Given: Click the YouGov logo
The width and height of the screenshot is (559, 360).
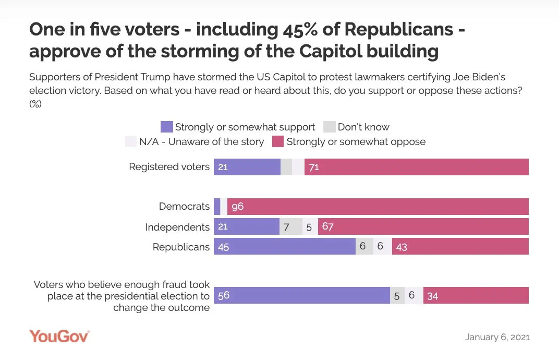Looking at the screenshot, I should pyautogui.click(x=59, y=336).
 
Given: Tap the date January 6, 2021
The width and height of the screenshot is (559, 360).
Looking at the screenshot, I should pyautogui.click(x=497, y=337).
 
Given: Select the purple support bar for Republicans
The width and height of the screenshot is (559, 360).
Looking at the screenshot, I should pyautogui.click(x=284, y=247).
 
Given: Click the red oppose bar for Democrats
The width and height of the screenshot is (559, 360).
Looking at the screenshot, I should pyautogui.click(x=378, y=207).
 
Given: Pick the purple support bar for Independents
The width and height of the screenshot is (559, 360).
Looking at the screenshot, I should pyautogui.click(x=246, y=227).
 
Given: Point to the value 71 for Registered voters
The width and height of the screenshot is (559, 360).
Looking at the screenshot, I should pyautogui.click(x=314, y=167).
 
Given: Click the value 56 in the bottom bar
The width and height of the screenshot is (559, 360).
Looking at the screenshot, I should pyautogui.click(x=224, y=296).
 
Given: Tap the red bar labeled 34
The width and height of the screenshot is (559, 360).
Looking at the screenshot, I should pyautogui.click(x=476, y=296).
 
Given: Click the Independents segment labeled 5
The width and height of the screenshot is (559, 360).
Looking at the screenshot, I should pyautogui.click(x=309, y=227).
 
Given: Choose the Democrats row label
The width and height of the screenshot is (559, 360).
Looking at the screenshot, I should pyautogui.click(x=184, y=207).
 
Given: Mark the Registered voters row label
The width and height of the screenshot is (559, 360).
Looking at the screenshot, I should pyautogui.click(x=169, y=167).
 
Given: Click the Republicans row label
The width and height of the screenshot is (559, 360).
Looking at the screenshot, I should pyautogui.click(x=181, y=247).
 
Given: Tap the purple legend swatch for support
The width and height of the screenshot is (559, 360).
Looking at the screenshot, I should pyautogui.click(x=166, y=127).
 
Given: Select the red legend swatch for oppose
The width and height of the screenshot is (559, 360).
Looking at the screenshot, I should pyautogui.click(x=278, y=141).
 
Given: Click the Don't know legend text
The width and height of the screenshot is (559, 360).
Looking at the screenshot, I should pyautogui.click(x=363, y=127).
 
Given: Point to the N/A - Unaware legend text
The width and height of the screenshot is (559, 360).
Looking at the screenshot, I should pyautogui.click(x=201, y=141).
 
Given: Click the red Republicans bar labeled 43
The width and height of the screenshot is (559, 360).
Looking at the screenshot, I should pyautogui.click(x=460, y=247).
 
